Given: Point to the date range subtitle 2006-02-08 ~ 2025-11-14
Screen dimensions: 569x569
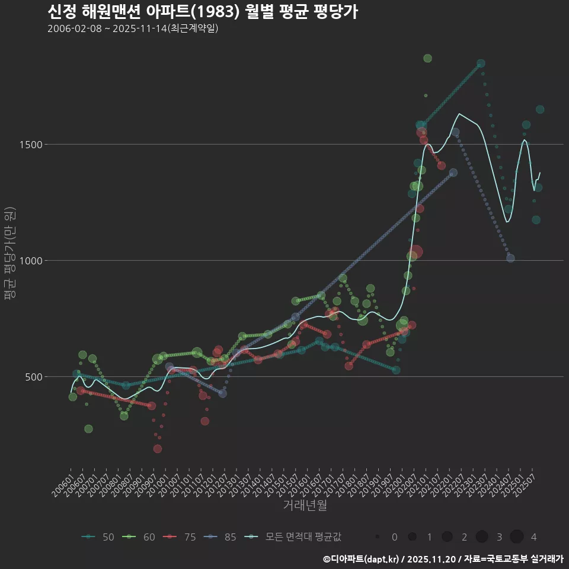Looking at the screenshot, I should click(x=133, y=28).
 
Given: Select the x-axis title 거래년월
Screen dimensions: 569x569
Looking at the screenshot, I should click(x=305, y=506).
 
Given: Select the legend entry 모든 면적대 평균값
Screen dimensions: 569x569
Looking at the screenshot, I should click(x=293, y=537).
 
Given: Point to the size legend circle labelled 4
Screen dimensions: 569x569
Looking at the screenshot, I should click(x=517, y=537).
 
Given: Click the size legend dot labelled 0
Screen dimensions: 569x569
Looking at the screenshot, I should click(x=377, y=537).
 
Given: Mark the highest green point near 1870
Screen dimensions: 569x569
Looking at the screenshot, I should click(x=427, y=58).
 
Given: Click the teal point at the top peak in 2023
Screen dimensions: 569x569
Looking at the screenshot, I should click(x=481, y=63).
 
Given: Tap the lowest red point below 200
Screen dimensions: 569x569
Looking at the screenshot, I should click(x=158, y=449).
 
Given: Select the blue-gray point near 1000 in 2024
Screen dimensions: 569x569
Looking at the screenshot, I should click(x=510, y=258).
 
